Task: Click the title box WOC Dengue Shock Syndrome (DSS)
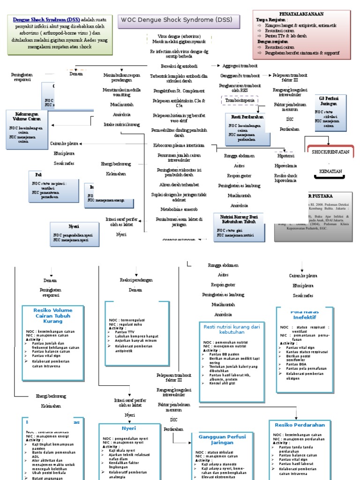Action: click(x=179, y=21)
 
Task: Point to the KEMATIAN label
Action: click(x=330, y=172)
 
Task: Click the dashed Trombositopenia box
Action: click(x=239, y=100)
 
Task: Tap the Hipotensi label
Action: click(x=285, y=156)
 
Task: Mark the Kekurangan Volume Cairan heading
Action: click(x=24, y=116)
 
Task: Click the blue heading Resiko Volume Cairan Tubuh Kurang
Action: click(x=52, y=315)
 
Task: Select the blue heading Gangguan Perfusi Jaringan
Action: click(x=219, y=440)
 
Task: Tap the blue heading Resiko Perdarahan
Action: click(x=300, y=425)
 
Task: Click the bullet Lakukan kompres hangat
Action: click(x=134, y=336)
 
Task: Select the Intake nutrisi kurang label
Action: click(x=121, y=125)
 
